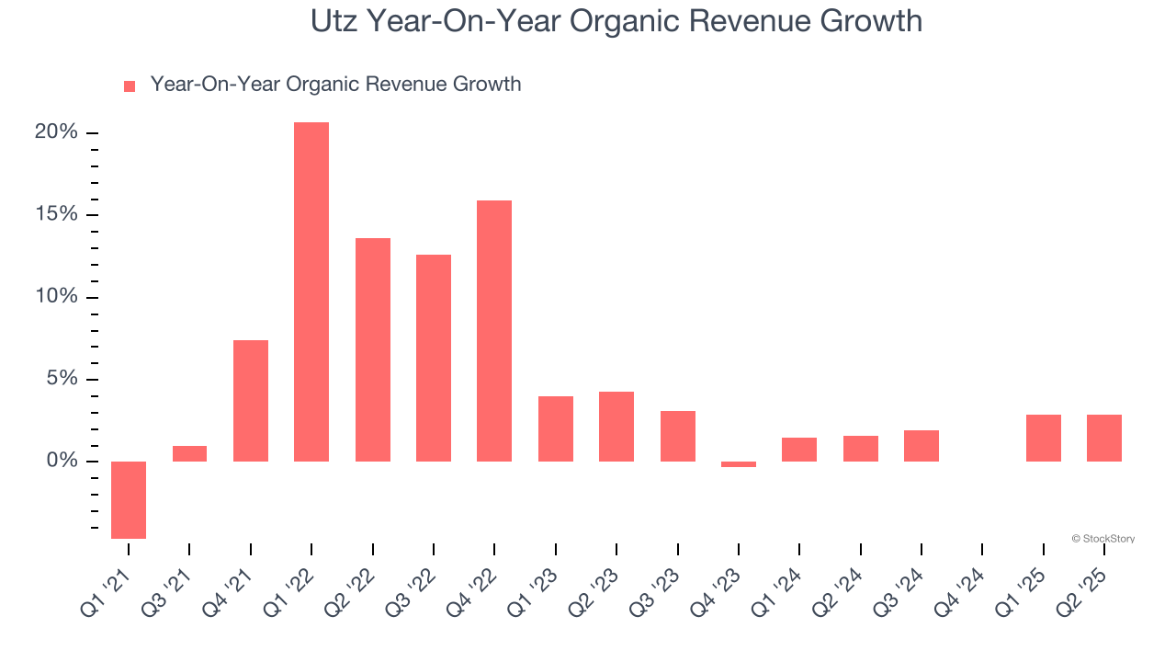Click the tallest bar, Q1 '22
311,291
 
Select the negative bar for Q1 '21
129,499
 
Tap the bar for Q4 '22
494,331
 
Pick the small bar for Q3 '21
189,453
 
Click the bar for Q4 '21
251,401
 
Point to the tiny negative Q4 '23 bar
739,464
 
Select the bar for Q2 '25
1104,438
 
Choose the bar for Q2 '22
373,349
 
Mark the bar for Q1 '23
556,428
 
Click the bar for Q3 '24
922,446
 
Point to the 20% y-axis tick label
56,132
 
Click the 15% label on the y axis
56,214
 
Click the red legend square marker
130,86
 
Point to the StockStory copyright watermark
1102,539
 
